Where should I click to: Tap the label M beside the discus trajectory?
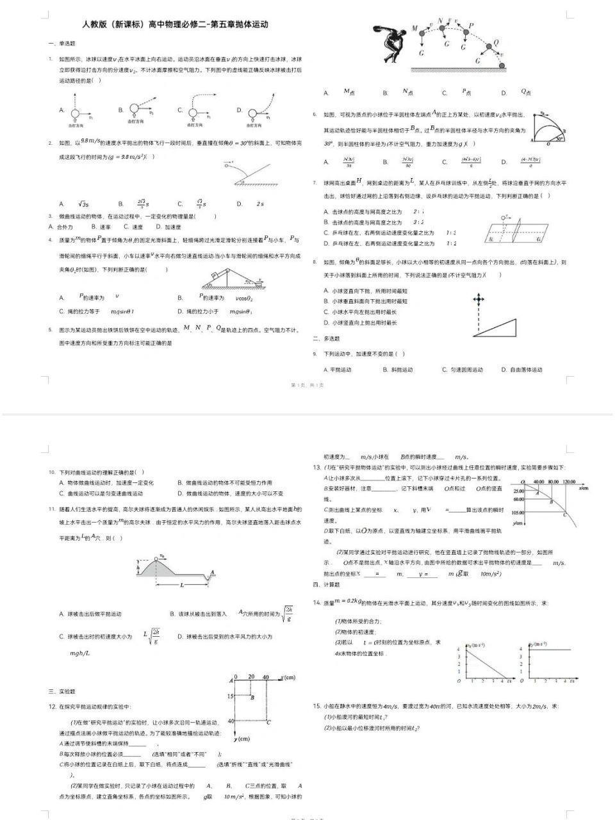pyautogui.click(x=414, y=29)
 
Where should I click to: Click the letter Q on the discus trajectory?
pyautogui.click(x=495, y=44)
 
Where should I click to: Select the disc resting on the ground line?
pyautogui.click(x=502, y=65)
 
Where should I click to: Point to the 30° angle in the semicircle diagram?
pyautogui.click(x=559, y=137)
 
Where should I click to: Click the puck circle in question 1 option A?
pyautogui.click(x=75, y=113)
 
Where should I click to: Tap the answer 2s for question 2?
pyautogui.click(x=260, y=204)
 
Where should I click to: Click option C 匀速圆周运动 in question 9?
pyautogui.click(x=463, y=370)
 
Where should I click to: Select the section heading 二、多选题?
pyautogui.click(x=326, y=338)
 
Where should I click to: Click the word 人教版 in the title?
pyautogui.click(x=95, y=24)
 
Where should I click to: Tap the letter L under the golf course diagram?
pyautogui.click(x=182, y=585)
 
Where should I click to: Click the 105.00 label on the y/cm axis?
pyautogui.click(x=518, y=512)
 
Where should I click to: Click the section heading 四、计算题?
pyautogui.click(x=326, y=584)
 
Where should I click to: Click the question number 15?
pyautogui.click(x=316, y=706)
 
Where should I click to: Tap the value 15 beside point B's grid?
pyautogui.click(x=231, y=696)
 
